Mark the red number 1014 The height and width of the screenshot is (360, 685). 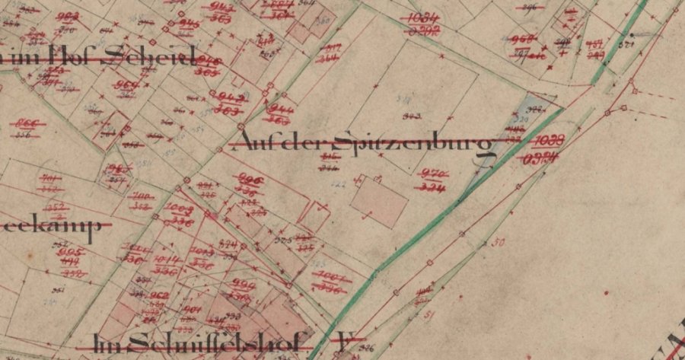click(x=166, y=259)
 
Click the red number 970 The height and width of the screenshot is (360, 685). click(x=432, y=173)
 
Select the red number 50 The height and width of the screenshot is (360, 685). click(x=499, y=244)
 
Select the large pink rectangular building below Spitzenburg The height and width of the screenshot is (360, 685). click(x=380, y=201)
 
